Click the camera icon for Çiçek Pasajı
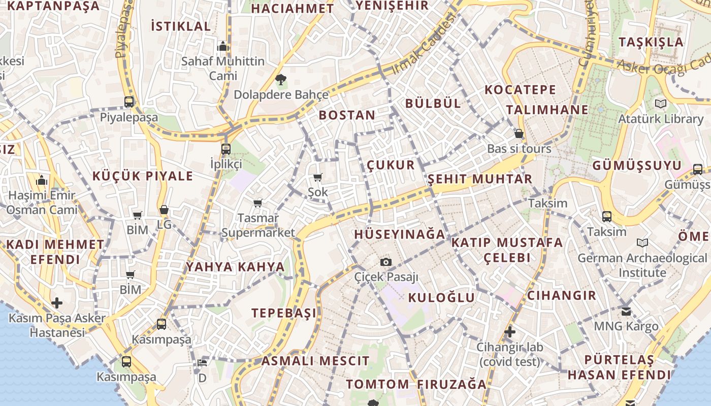pos(386,262)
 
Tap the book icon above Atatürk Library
pos(660,104)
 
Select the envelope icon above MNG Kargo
pos(626,311)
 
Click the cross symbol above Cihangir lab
pos(510,332)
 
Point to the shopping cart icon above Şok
pos(318,177)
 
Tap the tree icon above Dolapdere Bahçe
pos(280,79)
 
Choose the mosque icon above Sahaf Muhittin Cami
pos(222,47)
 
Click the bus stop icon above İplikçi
pos(226,149)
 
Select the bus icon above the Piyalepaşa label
pos(129,101)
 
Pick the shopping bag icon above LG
pos(164,209)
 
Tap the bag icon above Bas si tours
pos(519,133)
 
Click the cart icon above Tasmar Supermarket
pos(258,203)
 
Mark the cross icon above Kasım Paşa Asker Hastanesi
pos(57,303)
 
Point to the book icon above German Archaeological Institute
pos(642,243)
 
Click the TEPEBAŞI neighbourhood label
pos(284,313)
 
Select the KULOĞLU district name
pos(441,297)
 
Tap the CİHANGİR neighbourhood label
pos(561,295)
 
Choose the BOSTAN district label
pos(347,115)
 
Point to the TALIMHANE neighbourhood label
pos(547,110)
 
